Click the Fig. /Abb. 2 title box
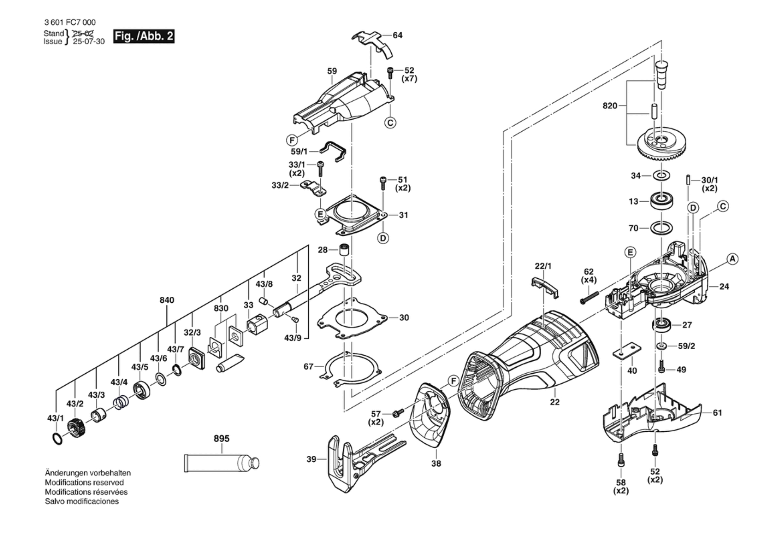pos(144,36)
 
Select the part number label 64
pos(397,35)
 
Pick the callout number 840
pos(167,300)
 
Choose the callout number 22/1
pos(543,266)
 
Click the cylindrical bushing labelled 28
pos(344,250)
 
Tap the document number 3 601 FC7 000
pos(70,23)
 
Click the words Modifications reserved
pos(84,482)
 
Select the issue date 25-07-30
pos(89,42)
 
